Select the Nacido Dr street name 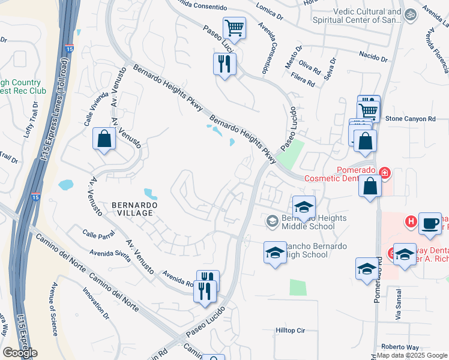click(373, 59)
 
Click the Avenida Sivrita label click(109, 256)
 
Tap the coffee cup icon click(430, 222)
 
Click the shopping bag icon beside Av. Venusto click(104, 139)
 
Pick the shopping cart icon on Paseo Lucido click(234, 27)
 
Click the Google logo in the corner click(20, 353)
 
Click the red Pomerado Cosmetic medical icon click(384, 174)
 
